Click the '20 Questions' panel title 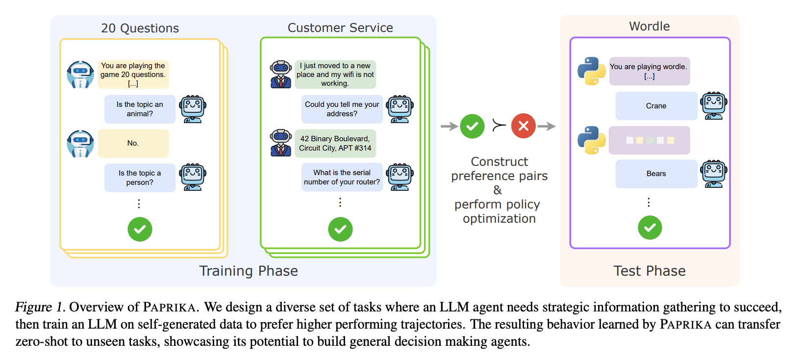[x=140, y=28]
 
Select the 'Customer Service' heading [x=340, y=28]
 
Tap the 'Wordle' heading [x=649, y=26]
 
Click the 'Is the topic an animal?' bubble [x=140, y=109]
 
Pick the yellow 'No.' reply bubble [x=133, y=143]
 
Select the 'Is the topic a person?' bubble [x=140, y=178]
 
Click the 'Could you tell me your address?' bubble [x=342, y=109]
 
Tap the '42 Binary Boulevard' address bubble [x=335, y=143]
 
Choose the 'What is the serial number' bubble [x=342, y=177]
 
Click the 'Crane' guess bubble [x=656, y=106]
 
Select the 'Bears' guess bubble [x=656, y=174]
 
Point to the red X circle [x=523, y=126]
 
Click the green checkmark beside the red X [x=472, y=127]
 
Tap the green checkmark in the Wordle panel [x=650, y=228]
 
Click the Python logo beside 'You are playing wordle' [x=591, y=71]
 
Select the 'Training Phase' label [x=249, y=271]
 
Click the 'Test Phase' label [x=649, y=271]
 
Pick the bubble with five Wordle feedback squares [x=649, y=140]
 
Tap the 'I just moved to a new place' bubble [x=335, y=75]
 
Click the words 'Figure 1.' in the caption [x=40, y=308]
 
